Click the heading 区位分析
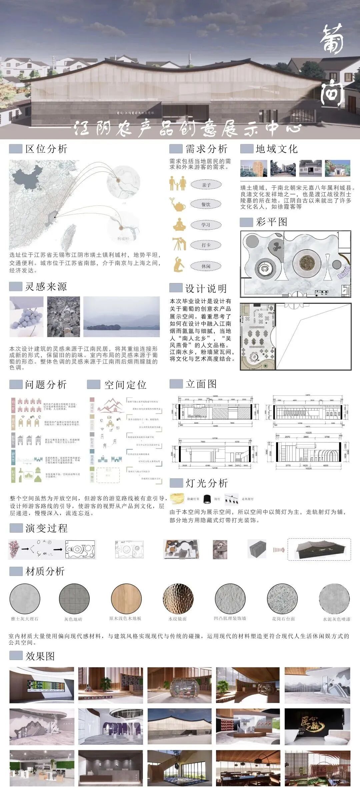pyautogui.click(x=46, y=149)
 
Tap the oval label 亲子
pyautogui.click(x=206, y=185)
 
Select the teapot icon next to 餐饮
pyautogui.click(x=178, y=205)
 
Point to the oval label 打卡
pyautogui.click(x=206, y=245)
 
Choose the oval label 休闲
pyautogui.click(x=206, y=266)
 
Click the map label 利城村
pyautogui.click(x=123, y=239)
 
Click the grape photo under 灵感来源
pyautogui.click(x=26, y=316)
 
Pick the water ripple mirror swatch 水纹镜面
pyautogui.click(x=178, y=599)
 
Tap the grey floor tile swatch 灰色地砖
pyautogui.click(x=74, y=599)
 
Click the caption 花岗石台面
pyautogui.click(x=283, y=619)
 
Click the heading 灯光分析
pyautogui.click(x=206, y=483)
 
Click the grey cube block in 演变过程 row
pyautogui.click(x=257, y=549)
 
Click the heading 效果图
pyautogui.click(x=40, y=656)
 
